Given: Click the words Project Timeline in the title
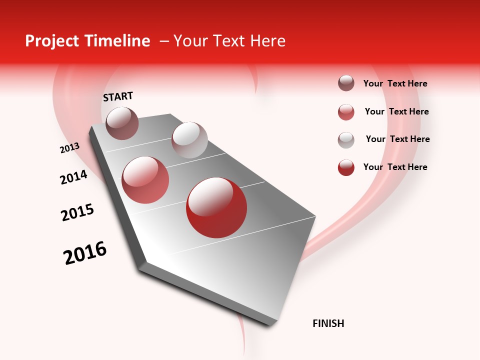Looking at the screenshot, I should [87, 41].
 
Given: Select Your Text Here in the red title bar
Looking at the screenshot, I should [229, 41].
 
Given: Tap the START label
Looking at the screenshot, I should [118, 96].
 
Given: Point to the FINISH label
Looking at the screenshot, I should [328, 323].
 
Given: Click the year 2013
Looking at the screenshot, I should [69, 148].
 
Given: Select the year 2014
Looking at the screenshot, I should [73, 177].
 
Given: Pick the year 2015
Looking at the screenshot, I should [77, 212].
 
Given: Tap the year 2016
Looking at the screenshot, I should [85, 253].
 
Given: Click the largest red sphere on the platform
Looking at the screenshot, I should [216, 207].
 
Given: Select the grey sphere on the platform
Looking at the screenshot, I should [189, 140].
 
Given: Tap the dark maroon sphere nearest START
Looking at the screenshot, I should [122, 123].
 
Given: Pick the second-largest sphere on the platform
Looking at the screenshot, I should [145, 180].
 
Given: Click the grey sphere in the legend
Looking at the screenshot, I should [346, 140].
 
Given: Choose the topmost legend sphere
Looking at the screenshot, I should [346, 83].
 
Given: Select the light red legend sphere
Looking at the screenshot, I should [346, 112].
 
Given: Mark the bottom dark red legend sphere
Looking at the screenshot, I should [346, 167].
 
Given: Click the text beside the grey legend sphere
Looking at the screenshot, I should [397, 139].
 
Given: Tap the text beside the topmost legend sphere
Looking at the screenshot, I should [395, 83].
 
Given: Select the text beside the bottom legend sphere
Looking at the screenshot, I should [395, 167].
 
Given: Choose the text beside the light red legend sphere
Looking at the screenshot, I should [396, 111].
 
